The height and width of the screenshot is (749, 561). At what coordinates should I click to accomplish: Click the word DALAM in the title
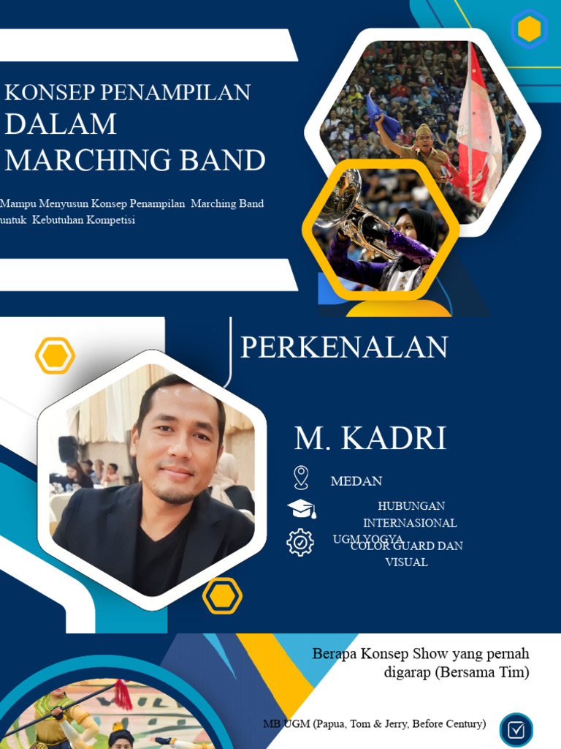pos(61,124)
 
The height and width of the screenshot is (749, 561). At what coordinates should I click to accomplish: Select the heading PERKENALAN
pos(344,347)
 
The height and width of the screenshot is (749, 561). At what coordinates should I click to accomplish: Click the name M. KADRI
pos(370,438)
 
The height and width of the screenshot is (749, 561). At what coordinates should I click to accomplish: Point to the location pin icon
pos(300,478)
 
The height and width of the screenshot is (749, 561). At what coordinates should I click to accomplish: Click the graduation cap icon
pos(301,509)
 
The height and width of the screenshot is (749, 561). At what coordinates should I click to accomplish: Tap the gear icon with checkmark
pos(300,542)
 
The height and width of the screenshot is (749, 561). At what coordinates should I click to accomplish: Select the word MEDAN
pos(356,481)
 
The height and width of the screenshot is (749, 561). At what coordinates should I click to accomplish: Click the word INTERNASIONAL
pos(410,523)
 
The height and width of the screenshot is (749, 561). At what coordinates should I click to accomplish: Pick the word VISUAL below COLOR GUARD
pos(406,562)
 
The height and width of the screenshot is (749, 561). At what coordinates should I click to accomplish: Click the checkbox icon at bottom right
pos(516,730)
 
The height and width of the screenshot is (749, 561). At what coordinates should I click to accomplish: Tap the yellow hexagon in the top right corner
pos(529,29)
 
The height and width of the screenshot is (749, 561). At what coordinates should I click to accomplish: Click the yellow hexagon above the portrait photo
pos(55,356)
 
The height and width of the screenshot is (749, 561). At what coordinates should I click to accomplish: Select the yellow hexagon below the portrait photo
pos(222,596)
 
